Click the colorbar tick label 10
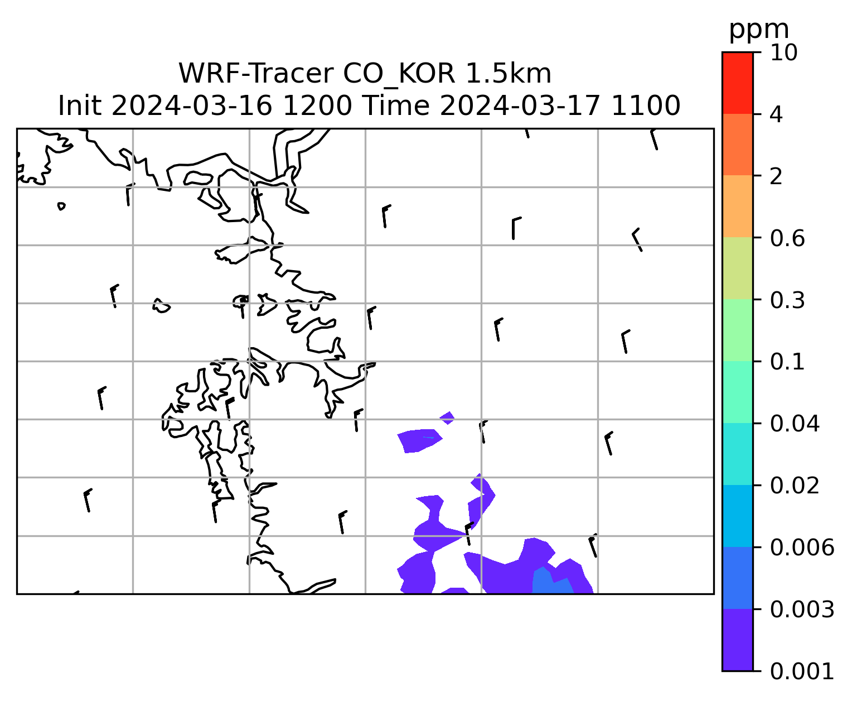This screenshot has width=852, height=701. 783,52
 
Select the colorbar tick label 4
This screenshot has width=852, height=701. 776,114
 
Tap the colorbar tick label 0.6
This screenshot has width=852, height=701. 787,238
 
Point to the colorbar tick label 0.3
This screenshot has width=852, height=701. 787,300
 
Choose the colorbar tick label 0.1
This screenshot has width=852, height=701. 787,362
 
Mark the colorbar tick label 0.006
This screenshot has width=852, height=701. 802,548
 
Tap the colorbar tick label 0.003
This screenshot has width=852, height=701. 802,609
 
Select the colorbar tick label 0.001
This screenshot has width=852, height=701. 802,671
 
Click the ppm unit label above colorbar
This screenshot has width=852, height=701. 759,30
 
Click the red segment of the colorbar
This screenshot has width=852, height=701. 737,83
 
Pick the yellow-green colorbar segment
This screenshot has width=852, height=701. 737,268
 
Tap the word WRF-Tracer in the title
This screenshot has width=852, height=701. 256,74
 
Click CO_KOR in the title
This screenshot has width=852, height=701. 399,74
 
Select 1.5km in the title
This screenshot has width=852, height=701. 508,74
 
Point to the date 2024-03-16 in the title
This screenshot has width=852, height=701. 191,106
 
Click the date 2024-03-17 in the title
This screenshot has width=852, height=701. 520,106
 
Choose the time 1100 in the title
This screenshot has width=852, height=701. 645,106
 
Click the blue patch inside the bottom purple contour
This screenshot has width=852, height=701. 552,581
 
